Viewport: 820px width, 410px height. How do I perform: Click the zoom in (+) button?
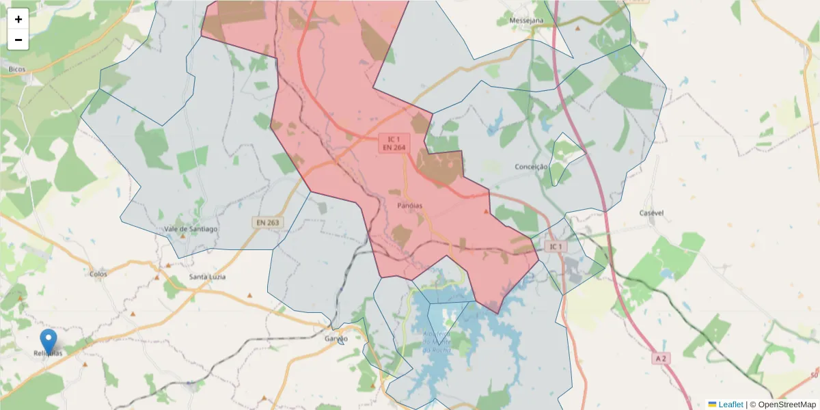pyautogui.click(x=18, y=19)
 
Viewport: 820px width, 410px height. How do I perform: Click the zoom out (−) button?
pyautogui.click(x=18, y=40)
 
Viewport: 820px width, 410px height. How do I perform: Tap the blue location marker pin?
pyautogui.click(x=49, y=341)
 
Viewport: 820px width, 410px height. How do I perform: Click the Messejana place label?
pyautogui.click(x=526, y=21)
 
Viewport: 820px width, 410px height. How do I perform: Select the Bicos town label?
pyautogui.click(x=17, y=69)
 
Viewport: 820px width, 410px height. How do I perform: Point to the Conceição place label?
pyautogui.click(x=531, y=167)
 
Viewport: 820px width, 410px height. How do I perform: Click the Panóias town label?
pyautogui.click(x=409, y=205)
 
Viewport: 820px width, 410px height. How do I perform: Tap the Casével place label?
pyautogui.click(x=651, y=213)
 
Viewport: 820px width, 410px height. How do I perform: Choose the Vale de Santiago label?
pyautogui.click(x=191, y=229)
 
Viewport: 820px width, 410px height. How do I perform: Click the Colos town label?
pyautogui.click(x=98, y=274)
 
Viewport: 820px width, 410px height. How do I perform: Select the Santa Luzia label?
pyautogui.click(x=208, y=277)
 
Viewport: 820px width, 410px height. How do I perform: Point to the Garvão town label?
pyautogui.click(x=336, y=339)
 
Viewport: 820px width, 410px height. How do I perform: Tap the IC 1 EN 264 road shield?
pyautogui.click(x=394, y=143)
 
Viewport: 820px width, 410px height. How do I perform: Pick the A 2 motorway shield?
pyautogui.click(x=660, y=358)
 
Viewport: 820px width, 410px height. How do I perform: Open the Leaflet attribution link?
pyautogui.click(x=730, y=405)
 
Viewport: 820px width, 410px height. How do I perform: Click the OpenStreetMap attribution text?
pyautogui.click(x=787, y=405)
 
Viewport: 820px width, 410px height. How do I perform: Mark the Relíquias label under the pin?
pyautogui.click(x=48, y=353)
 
